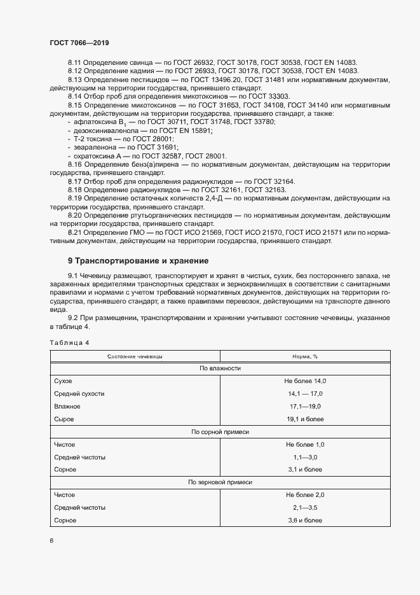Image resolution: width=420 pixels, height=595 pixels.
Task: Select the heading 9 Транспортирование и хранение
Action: coord(139,261)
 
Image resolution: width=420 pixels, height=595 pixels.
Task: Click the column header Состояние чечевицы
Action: coord(135,357)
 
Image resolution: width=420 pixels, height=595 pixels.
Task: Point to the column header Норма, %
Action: coord(305,357)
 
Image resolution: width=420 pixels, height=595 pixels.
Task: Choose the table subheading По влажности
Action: coord(220,368)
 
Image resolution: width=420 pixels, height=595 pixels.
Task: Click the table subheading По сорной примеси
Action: coord(220,432)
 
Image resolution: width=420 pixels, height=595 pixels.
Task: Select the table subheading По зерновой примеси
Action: coord(220,483)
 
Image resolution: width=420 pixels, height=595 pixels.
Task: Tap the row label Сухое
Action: coord(63,381)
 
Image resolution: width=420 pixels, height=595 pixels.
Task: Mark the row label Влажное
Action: coord(67,406)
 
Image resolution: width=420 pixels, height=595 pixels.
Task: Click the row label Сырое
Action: coord(64,419)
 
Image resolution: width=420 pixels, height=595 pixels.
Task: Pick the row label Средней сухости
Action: coord(79,393)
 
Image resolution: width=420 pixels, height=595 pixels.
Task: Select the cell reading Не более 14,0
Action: coord(305,381)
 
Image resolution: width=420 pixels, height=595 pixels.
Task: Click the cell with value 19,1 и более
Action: coord(305,419)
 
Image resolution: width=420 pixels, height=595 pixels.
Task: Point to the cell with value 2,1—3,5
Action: coord(305,508)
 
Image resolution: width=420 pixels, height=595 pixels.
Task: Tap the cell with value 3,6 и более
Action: coord(305,521)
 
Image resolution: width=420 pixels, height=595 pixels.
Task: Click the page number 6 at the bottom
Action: coord(51,541)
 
